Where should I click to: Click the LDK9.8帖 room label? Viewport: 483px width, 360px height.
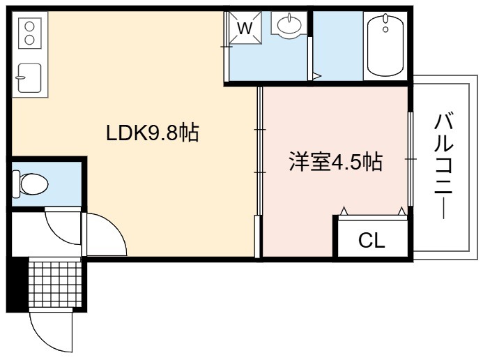pyautogui.click(x=153, y=133)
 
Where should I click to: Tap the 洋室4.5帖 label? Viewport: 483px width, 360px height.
pyautogui.click(x=336, y=161)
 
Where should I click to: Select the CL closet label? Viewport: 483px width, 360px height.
pyautogui.click(x=371, y=240)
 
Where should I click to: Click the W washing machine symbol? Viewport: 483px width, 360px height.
pyautogui.click(x=245, y=29)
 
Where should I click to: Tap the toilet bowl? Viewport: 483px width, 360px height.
pyautogui.click(x=34, y=184)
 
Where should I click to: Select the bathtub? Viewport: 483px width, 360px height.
pyautogui.click(x=385, y=45)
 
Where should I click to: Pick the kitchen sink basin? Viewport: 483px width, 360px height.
pyautogui.click(x=29, y=77)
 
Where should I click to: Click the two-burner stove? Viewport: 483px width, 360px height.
pyautogui.click(x=29, y=33)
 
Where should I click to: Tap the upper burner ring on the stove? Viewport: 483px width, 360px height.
pyautogui.click(x=29, y=27)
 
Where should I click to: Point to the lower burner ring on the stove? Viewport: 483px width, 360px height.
pyautogui.click(x=29, y=40)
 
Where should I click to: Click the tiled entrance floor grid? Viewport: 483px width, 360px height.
pyautogui.click(x=56, y=283)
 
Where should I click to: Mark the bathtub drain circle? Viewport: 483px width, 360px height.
pyautogui.click(x=385, y=29)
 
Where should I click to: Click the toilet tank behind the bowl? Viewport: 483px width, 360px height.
pyautogui.click(x=16, y=184)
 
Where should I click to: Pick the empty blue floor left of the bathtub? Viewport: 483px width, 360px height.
pyautogui.click(x=338, y=45)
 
